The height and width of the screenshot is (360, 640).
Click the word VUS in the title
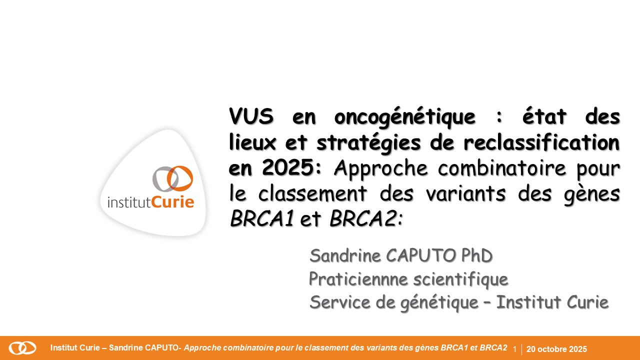click(251, 116)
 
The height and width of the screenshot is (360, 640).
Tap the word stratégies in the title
click(368, 143)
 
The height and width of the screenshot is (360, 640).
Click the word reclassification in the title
click(541, 141)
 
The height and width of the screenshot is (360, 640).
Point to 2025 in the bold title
click(288, 167)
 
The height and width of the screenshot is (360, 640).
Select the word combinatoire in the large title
click(501, 167)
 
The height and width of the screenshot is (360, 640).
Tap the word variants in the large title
click(465, 193)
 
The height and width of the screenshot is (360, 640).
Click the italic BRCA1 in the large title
click(262, 218)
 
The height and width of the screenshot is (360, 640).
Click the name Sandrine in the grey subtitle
click(345, 255)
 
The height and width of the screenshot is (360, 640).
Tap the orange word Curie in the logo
click(172, 202)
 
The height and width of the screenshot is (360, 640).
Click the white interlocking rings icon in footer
click(22, 348)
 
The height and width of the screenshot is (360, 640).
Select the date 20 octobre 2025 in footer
click(556, 349)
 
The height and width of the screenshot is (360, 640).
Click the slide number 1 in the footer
click(515, 349)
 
